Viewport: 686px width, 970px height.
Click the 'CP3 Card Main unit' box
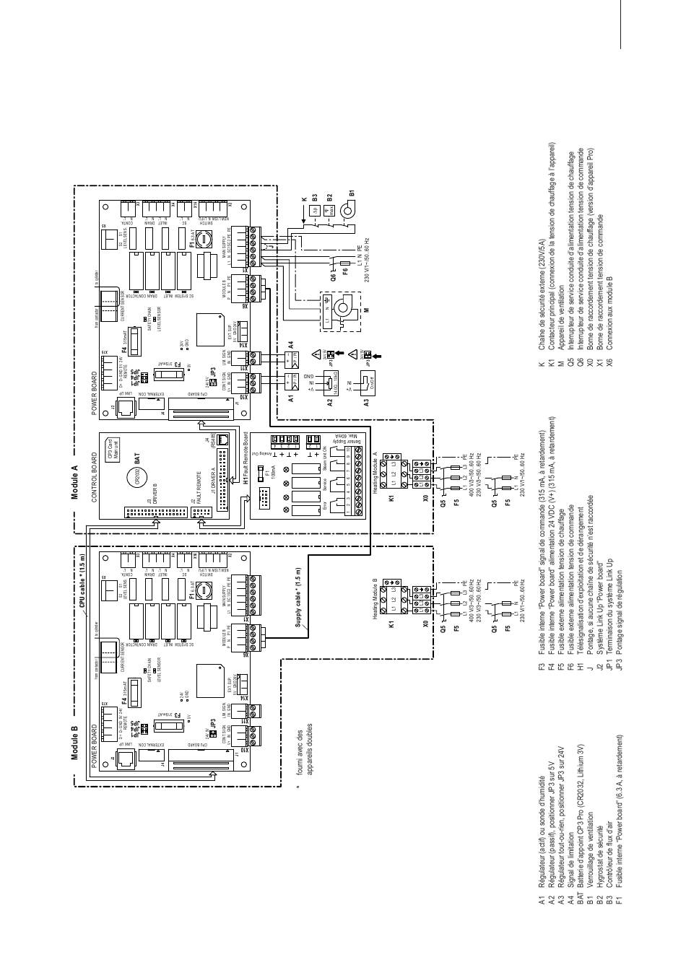[x=113, y=454]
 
